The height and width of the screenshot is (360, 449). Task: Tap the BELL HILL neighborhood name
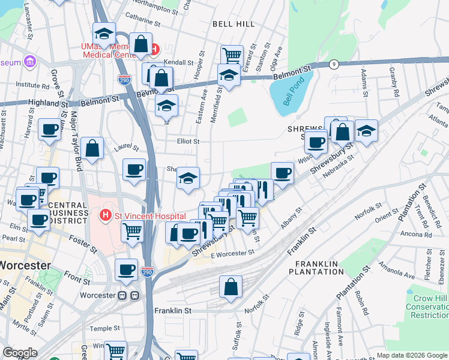[x=234, y=24]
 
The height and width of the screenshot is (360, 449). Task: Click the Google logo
[x=20, y=353]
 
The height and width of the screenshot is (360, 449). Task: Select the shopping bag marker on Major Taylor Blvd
[x=92, y=148]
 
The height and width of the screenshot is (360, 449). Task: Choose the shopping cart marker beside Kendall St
[x=232, y=56]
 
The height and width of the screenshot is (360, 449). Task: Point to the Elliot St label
[x=187, y=142]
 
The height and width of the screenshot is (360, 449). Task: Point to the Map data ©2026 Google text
[x=412, y=355]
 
